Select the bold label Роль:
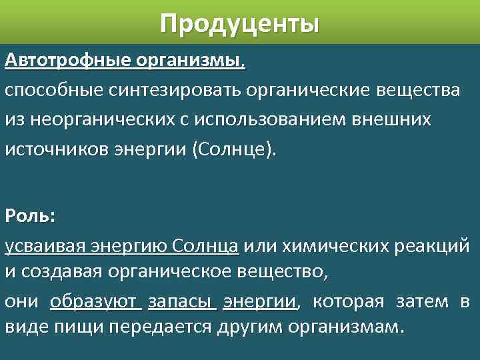pyautogui.click(x=31, y=216)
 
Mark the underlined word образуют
pyautogui.click(x=95, y=302)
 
